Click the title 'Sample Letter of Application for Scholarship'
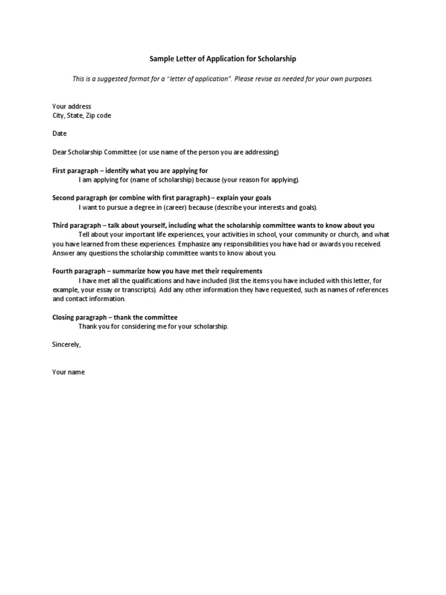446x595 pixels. click(x=223, y=59)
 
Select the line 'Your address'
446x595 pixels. click(x=71, y=106)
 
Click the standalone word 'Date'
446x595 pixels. click(x=59, y=134)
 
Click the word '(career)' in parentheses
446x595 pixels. click(x=194, y=207)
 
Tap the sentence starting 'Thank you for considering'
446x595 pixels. click(x=153, y=327)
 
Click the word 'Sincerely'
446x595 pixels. click(x=66, y=345)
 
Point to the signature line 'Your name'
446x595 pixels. click(x=69, y=372)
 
